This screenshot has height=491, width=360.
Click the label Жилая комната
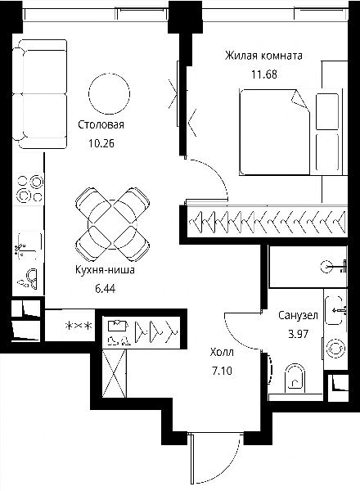pyautogui.click(x=263, y=56)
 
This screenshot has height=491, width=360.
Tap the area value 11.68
pyautogui.click(x=264, y=74)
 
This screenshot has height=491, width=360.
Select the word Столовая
pyautogui.click(x=101, y=124)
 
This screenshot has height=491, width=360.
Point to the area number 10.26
pyautogui.click(x=101, y=143)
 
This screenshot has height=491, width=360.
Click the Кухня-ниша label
pyautogui.click(x=106, y=269)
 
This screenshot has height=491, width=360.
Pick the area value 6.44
pyautogui.click(x=106, y=289)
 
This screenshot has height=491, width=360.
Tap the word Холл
pyautogui.click(x=222, y=352)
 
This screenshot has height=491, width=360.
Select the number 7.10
pyautogui.click(x=222, y=371)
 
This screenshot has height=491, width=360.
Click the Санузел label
pyautogui.click(x=298, y=315)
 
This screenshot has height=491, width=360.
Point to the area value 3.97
pyautogui.click(x=298, y=334)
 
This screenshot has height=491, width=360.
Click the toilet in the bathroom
pyautogui.click(x=295, y=378)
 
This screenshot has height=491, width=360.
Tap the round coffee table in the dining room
pyautogui.click(x=110, y=93)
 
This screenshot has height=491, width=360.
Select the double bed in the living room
pyautogui.click(x=275, y=132)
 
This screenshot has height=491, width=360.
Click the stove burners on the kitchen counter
pyautogui.click(x=30, y=188)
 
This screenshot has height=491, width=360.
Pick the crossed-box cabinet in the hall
pyautogui.click(x=115, y=373)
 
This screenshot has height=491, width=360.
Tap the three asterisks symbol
pyautogui.click(x=79, y=326)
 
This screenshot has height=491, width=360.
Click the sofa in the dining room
pyautogui.click(x=40, y=94)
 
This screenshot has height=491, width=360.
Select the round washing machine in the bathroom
pyautogui.click(x=335, y=349)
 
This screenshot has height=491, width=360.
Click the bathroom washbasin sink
pyautogui.click(x=334, y=310)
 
